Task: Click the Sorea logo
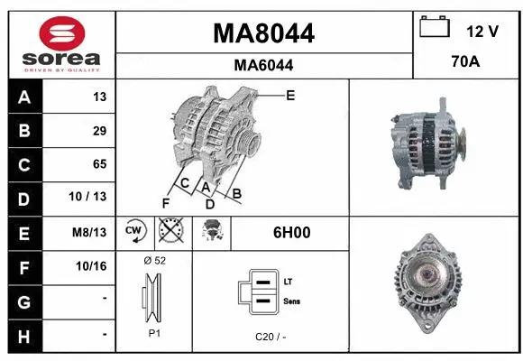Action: click(x=61, y=43)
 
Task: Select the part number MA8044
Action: click(x=263, y=33)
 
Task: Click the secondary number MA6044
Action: click(x=263, y=65)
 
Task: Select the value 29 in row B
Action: click(x=99, y=131)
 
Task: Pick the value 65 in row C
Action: click(x=99, y=164)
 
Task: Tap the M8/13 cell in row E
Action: click(x=91, y=232)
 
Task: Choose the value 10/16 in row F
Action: click(x=93, y=266)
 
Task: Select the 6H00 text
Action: click(x=291, y=232)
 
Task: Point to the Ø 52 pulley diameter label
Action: click(x=154, y=260)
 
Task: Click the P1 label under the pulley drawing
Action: click(x=154, y=332)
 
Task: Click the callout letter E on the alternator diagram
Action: click(x=290, y=95)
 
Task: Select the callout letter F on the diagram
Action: click(x=165, y=202)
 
